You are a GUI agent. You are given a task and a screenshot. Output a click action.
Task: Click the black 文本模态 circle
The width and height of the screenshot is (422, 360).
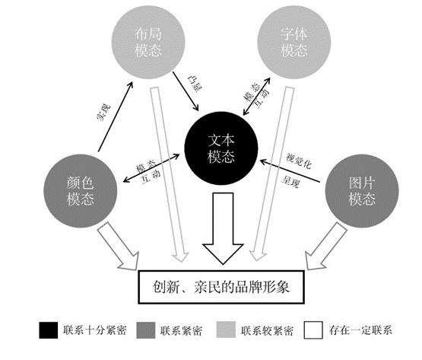coord(221,148)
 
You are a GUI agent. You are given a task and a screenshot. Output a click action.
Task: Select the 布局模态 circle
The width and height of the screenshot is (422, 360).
coord(148,42)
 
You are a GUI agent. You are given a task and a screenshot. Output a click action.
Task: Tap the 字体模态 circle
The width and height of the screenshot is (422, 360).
coord(294,42)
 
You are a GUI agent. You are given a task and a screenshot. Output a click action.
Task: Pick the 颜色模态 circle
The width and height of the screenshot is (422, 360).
coord(80,191)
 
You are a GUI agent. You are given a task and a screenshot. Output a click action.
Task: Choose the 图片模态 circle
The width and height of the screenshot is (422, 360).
coord(362,191)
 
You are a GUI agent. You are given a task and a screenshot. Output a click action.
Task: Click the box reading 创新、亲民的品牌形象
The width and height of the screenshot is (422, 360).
coord(221,287)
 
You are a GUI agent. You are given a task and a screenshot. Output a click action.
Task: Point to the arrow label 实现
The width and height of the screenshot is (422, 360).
coord(103,113)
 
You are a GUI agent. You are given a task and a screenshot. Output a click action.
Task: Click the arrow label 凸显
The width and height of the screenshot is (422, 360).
coord(195,84)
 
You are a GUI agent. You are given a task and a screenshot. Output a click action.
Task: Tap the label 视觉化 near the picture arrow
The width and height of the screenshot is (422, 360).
coord(299,161)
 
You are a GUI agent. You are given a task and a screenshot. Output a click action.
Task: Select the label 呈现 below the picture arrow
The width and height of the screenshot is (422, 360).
coord(290,181)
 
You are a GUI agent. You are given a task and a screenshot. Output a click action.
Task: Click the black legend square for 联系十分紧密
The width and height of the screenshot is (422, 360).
coord(49,330)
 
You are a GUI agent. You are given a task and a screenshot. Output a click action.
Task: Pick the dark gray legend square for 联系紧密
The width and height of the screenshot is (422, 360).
coord(146,330)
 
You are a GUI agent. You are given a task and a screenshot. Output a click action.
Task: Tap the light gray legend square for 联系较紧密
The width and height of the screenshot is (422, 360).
coord(226,330)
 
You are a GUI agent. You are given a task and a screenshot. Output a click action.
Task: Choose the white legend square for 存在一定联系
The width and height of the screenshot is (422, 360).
coord(313,330)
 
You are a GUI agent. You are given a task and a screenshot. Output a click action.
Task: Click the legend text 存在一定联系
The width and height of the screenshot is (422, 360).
coord(360,330)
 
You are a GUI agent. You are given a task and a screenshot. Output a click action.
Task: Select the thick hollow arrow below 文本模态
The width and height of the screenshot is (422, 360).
coord(223,228)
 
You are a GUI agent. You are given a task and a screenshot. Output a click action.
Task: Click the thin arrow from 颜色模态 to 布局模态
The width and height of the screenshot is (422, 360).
coord(116,116)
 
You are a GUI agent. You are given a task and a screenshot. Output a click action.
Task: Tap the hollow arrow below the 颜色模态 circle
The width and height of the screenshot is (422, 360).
coord(119,247)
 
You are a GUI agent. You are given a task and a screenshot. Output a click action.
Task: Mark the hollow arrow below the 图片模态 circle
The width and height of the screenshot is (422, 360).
coord(326,247)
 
